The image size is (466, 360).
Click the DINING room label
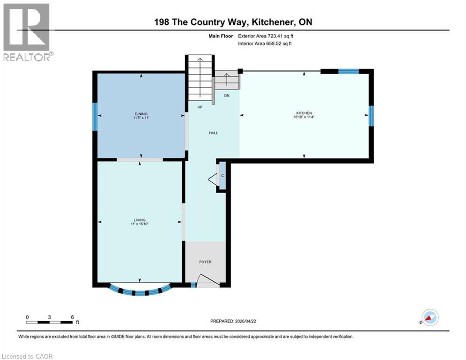[141, 114]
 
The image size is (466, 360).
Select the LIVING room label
[139, 220]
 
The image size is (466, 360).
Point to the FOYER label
[205, 262]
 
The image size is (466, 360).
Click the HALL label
[213, 133]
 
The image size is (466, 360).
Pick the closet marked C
[222, 175]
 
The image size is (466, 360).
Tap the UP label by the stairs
[200, 107]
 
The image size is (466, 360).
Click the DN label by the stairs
[227, 95]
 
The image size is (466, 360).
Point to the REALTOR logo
[27, 32]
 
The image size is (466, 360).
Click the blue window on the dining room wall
[95, 117]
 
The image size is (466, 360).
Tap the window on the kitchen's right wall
[371, 116]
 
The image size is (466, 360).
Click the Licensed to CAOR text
[27, 356]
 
